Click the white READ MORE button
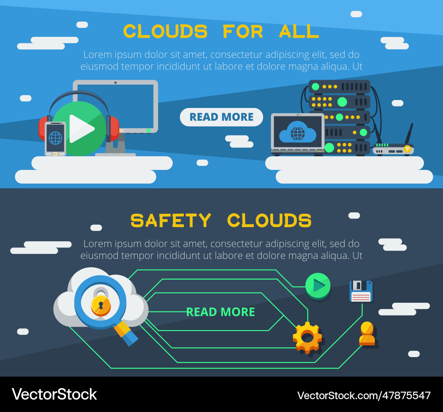tap(221, 117)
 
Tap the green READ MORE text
tap(221, 312)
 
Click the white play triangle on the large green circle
tap(81, 129)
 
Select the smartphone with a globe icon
tap(55, 139)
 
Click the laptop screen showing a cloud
tap(297, 131)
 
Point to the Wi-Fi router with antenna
tap(394, 149)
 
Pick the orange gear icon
tap(307, 337)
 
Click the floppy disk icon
tap(361, 291)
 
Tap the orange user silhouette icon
tap(367, 334)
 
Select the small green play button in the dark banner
tap(318, 285)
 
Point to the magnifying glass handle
tap(126, 333)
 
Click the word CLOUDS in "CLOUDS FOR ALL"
tap(165, 31)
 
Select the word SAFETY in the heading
tap(171, 220)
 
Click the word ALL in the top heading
tap(299, 31)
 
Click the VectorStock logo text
tap(54, 394)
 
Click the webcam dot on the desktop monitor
tap(115, 82)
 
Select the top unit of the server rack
tap(339, 86)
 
